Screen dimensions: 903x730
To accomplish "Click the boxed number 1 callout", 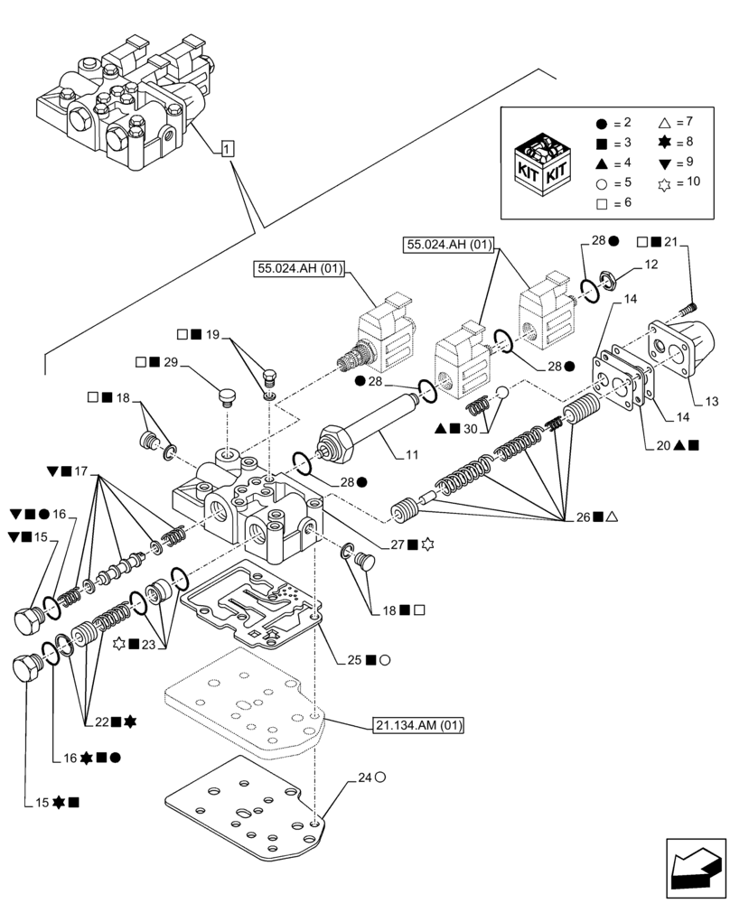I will (x=226, y=148).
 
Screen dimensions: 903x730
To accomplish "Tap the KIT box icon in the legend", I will (x=542, y=163).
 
